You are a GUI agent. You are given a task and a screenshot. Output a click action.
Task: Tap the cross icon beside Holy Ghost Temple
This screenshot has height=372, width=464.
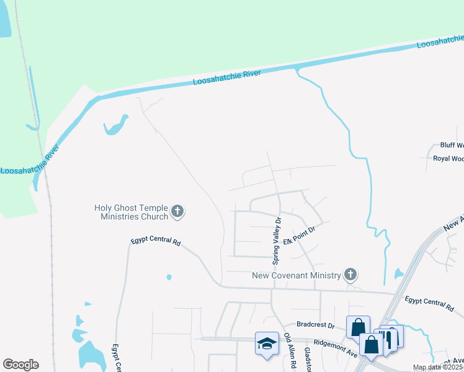click(x=177, y=212)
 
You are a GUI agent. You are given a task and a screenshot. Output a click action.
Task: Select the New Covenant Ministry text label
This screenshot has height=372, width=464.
click(x=297, y=275)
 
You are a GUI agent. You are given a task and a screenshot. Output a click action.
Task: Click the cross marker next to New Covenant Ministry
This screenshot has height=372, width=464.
click(x=350, y=275)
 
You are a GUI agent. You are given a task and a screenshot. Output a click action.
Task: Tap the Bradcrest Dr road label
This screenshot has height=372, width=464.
click(x=315, y=324)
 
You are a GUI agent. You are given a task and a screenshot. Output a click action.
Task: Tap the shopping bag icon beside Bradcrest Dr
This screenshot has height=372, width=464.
click(x=359, y=327)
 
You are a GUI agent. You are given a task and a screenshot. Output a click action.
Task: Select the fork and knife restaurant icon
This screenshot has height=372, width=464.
click(x=390, y=339)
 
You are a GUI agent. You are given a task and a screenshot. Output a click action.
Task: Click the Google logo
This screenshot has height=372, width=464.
click(x=20, y=365)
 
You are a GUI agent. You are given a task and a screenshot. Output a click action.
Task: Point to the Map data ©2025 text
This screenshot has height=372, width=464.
click(x=438, y=368)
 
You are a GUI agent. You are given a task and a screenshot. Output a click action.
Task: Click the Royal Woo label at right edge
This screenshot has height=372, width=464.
click(x=448, y=159)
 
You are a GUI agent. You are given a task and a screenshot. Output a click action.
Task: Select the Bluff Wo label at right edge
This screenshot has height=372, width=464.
click(x=451, y=145)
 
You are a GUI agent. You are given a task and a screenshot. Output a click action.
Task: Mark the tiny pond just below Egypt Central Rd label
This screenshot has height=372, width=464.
click(x=169, y=277)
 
